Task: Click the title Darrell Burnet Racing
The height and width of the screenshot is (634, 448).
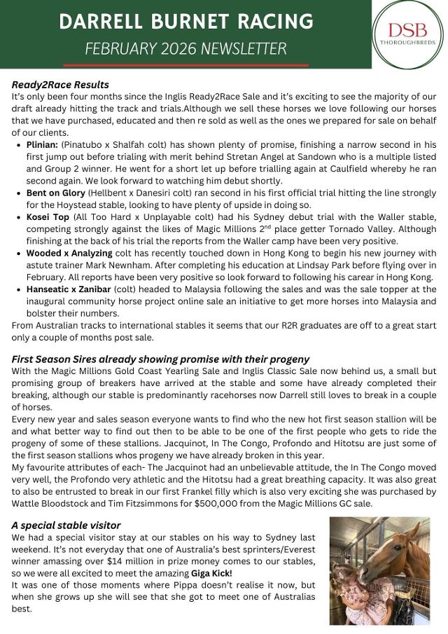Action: coord(186,22)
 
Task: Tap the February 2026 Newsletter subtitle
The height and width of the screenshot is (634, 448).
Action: coord(185,49)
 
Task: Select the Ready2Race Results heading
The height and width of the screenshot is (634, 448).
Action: coord(60,85)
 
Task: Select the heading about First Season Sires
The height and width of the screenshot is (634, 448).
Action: coord(160,359)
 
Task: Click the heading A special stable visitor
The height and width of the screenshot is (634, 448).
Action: coord(66,525)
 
